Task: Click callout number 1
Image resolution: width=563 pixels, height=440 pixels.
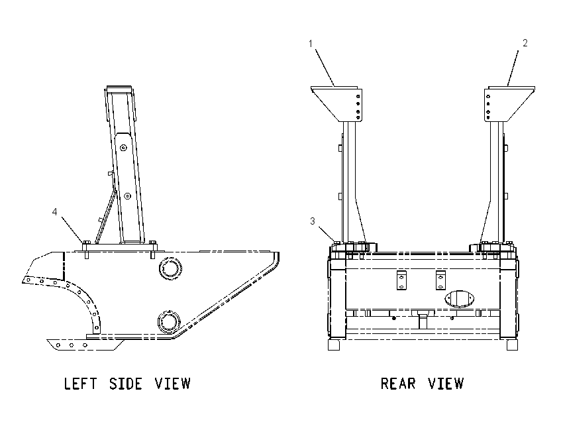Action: (311, 44)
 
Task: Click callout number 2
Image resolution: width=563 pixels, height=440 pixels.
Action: (525, 43)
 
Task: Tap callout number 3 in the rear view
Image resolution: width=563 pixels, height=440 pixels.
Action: (313, 221)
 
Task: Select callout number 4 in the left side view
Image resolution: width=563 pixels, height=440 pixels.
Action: (54, 212)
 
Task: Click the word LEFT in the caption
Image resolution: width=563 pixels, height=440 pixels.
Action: (80, 384)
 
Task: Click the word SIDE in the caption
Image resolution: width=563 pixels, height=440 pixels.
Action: (126, 384)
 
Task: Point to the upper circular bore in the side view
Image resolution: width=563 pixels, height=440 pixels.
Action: (170, 268)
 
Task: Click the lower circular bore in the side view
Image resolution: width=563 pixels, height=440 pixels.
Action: (170, 321)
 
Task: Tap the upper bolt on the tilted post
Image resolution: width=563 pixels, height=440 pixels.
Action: (123, 148)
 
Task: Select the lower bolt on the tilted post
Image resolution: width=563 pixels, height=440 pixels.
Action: (127, 196)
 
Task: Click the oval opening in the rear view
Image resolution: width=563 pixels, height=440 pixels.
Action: (459, 299)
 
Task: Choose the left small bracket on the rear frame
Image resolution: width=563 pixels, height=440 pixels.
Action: (401, 280)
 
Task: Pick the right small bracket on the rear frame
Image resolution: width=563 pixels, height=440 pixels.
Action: (440, 280)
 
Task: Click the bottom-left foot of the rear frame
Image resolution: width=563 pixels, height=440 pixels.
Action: (334, 345)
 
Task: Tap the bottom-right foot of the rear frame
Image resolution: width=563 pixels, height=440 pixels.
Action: (513, 345)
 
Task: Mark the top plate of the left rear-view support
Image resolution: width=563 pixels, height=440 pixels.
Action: (334, 88)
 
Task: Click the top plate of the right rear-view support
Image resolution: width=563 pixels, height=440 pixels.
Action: (511, 88)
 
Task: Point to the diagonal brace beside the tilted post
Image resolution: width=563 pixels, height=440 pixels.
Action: (105, 216)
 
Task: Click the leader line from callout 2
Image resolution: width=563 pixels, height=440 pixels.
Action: (513, 68)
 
